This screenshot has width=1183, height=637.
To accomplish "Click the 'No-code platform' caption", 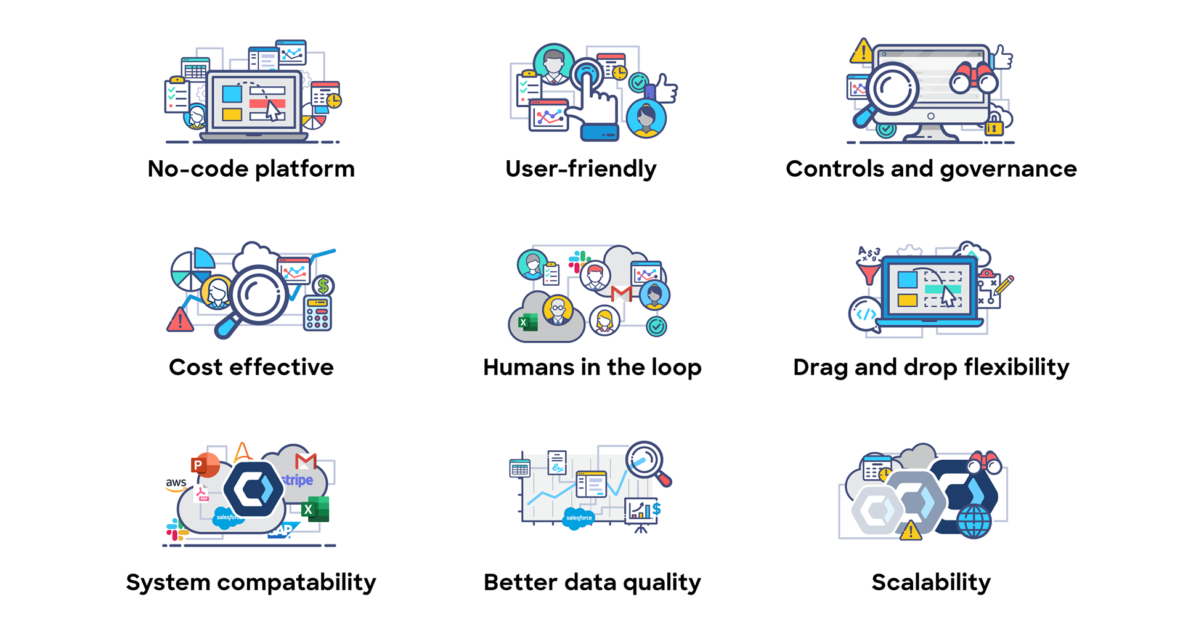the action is point(251,169).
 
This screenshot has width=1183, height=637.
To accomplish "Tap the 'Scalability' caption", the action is point(931,582).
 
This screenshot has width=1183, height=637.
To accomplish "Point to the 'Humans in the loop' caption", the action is point(592,367).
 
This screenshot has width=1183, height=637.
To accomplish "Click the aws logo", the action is point(176,484).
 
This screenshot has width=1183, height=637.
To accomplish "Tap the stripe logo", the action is point(298,480).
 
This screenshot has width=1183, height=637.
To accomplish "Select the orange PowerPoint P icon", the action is point(204,465).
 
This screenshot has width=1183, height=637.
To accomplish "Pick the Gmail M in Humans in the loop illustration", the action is point(621,294).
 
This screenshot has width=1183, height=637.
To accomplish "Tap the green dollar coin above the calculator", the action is point(323,285).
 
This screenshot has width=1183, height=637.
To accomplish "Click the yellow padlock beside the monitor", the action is point(993,126).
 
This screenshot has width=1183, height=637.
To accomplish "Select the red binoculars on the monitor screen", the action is point(974,78).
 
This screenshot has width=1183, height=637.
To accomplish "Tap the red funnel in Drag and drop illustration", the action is point(869,272).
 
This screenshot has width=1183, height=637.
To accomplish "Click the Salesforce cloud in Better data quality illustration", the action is point(579,518).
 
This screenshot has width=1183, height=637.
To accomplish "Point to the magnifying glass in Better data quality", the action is point(646,461).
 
